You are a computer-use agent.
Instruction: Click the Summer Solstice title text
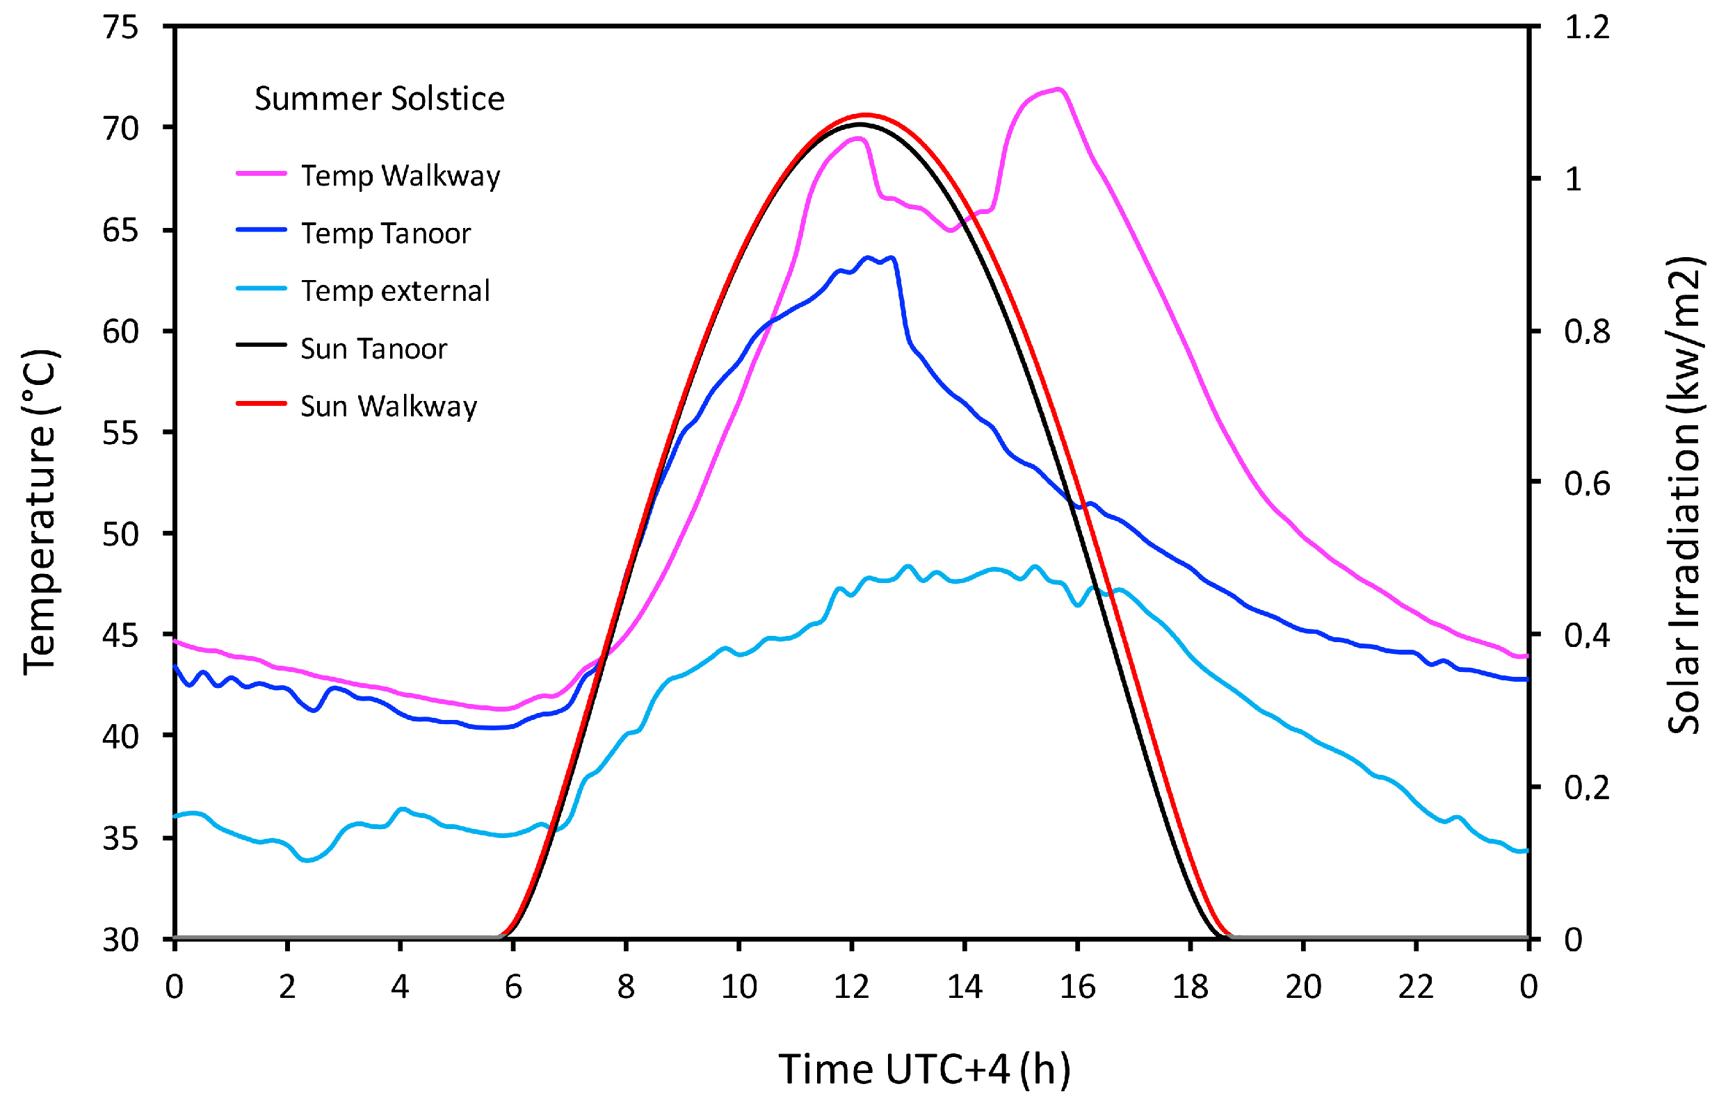[x=379, y=99]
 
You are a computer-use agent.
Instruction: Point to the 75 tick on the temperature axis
[x=120, y=27]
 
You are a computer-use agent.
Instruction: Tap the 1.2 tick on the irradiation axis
[x=1586, y=27]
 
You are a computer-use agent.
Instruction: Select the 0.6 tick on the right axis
[x=1586, y=484]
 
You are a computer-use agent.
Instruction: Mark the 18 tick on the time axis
[x=1190, y=987]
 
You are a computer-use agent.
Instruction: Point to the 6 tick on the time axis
[x=513, y=987]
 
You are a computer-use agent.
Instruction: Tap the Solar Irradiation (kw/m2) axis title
[x=1683, y=496]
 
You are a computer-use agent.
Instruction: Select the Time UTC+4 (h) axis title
[x=924, y=1069]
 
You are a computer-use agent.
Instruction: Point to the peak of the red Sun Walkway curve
[x=865, y=115]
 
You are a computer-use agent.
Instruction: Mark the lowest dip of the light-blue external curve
[x=307, y=860]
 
